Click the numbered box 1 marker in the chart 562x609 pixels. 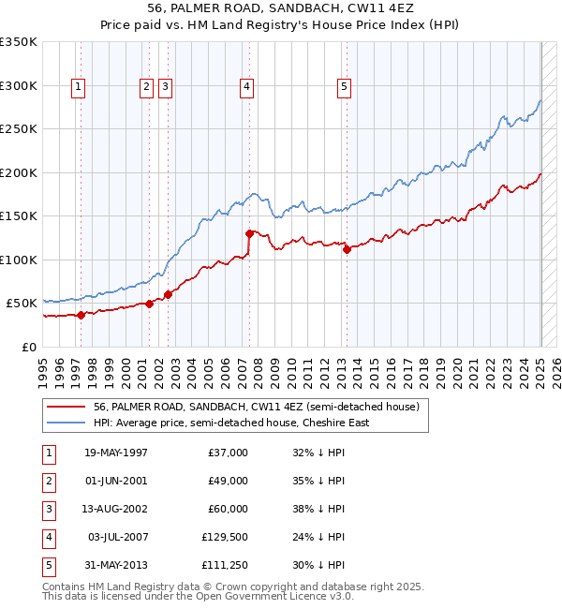(x=78, y=87)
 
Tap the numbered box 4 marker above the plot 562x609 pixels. (x=246, y=87)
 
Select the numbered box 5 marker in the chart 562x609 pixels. (x=345, y=87)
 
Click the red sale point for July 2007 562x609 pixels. (x=249, y=233)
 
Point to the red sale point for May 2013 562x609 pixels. (x=347, y=249)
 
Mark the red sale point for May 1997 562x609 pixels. (x=81, y=315)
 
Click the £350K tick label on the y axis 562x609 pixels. (x=19, y=42)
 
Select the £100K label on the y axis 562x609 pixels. (x=19, y=260)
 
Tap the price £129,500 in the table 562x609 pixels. (x=225, y=537)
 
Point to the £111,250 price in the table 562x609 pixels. (x=225, y=565)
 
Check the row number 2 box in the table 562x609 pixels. (x=48, y=481)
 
